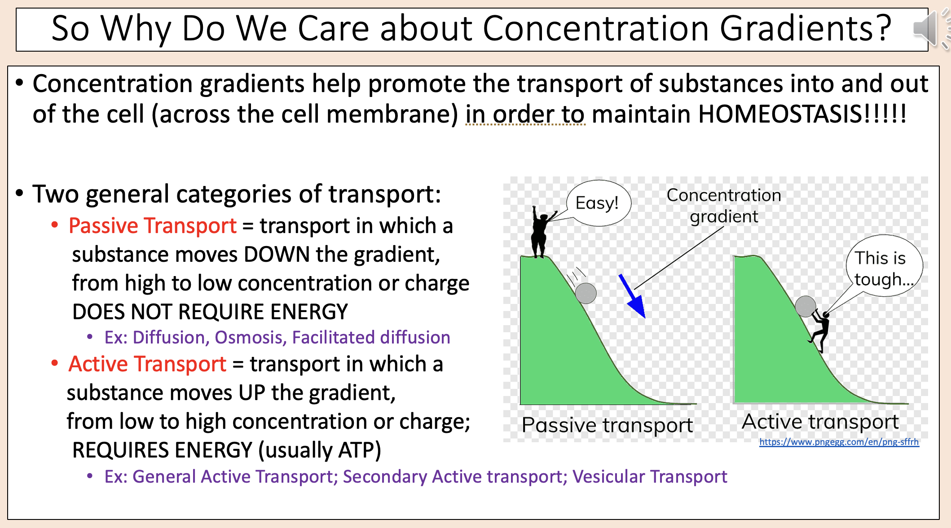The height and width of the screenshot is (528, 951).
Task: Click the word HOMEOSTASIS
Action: (x=779, y=114)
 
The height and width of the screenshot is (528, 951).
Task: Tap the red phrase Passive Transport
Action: (x=152, y=225)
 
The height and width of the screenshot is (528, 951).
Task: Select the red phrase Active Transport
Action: (x=147, y=364)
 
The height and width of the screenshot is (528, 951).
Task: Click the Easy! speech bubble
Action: (x=598, y=203)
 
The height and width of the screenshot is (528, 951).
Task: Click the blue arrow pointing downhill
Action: (x=633, y=296)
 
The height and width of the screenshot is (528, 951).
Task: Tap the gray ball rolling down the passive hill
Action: (x=586, y=294)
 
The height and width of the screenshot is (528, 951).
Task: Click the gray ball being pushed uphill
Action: (x=806, y=307)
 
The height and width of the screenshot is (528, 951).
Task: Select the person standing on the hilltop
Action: (x=540, y=233)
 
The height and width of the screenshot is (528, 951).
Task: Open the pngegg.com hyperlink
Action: (x=839, y=442)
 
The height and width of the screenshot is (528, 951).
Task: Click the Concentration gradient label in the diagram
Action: (x=724, y=206)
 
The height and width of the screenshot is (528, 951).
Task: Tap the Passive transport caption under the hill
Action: (x=607, y=425)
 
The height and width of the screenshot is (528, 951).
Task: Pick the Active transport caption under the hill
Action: (x=820, y=422)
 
